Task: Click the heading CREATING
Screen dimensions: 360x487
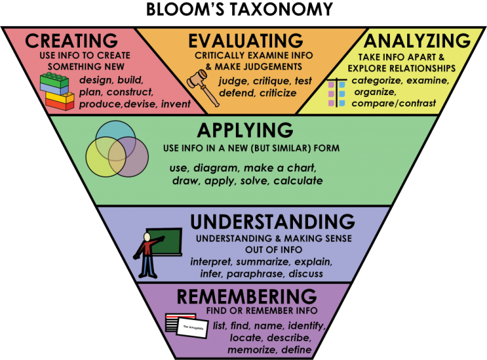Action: click(x=71, y=41)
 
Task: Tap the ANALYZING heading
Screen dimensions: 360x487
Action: click(x=417, y=41)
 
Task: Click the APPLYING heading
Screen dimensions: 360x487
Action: click(x=245, y=131)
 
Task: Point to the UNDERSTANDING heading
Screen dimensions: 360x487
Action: click(x=272, y=222)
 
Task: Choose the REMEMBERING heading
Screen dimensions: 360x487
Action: click(x=247, y=296)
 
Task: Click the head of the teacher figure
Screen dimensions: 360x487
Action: click(x=147, y=236)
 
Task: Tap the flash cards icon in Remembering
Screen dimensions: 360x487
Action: click(x=187, y=326)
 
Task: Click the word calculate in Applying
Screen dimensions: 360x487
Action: click(x=298, y=181)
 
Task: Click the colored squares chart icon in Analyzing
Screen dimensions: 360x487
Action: click(x=337, y=93)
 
